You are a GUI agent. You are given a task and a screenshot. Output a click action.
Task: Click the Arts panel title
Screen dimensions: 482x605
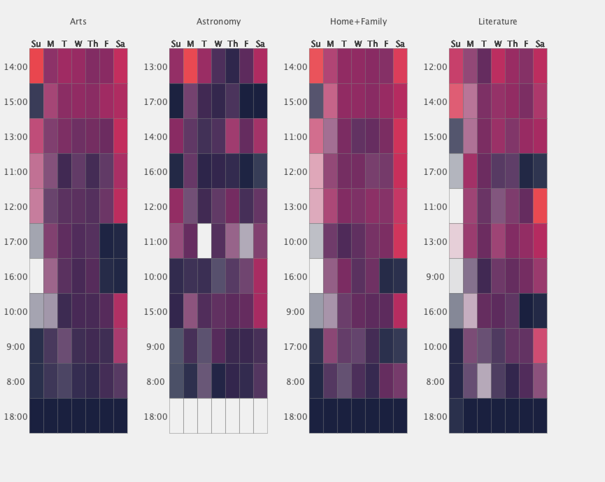pos(78,22)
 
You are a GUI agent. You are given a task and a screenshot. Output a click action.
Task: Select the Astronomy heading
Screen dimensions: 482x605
pos(219,22)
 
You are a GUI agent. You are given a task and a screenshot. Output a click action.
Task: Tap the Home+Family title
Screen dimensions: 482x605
pos(358,22)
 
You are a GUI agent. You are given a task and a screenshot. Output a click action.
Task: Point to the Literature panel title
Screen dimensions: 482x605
pos(498,22)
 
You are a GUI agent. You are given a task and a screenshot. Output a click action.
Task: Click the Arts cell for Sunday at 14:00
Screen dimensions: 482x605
pos(37,66)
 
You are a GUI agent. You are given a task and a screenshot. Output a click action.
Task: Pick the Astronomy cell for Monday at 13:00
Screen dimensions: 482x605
pos(191,66)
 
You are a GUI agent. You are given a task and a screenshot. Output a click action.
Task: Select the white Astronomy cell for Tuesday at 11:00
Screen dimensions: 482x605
pos(205,241)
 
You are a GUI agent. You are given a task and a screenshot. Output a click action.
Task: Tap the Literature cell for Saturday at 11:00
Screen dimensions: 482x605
pos(540,206)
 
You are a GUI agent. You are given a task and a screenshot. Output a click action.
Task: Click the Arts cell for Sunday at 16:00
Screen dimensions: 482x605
pos(37,276)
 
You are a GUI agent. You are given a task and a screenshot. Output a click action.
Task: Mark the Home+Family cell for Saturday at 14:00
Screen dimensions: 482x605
pos(400,66)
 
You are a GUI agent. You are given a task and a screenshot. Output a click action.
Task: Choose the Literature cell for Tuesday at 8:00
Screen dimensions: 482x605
pos(484,381)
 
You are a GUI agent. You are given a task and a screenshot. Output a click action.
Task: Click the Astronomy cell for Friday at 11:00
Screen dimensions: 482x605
pos(247,241)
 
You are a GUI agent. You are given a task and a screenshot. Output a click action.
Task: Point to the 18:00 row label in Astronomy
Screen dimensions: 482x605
pos(156,417)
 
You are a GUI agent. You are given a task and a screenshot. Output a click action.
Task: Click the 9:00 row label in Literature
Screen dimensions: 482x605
pos(435,277)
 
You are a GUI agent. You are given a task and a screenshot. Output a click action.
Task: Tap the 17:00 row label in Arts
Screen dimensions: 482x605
pos(16,242)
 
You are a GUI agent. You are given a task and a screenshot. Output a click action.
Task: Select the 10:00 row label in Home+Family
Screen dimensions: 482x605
pos(296,242)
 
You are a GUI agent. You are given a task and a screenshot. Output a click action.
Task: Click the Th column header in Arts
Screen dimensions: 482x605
pos(93,44)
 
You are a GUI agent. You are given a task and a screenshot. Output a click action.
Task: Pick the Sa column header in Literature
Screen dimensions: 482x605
pos(540,44)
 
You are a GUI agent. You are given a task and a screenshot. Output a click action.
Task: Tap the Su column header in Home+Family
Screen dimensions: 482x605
pos(316,44)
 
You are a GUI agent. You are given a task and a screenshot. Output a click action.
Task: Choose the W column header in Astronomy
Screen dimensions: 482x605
pos(218,44)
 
